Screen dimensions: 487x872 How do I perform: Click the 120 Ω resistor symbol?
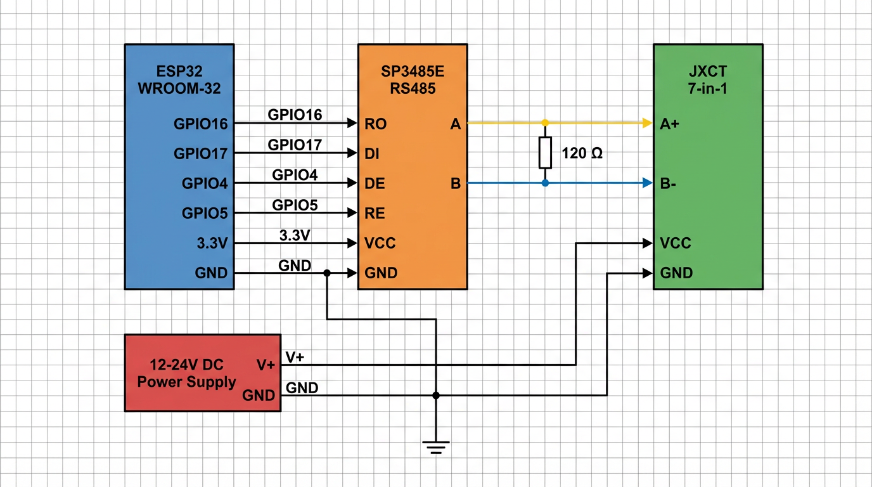[x=545, y=152]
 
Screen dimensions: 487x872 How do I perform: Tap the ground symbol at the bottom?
[x=435, y=447]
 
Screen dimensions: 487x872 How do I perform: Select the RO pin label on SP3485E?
[x=376, y=124]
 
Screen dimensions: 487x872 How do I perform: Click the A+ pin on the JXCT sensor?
[x=669, y=124]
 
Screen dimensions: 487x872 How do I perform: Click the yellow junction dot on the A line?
[x=545, y=122]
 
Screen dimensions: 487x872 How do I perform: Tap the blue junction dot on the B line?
[x=545, y=183]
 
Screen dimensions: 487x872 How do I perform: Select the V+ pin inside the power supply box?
[x=266, y=365]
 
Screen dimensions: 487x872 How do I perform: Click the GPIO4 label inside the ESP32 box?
[x=204, y=183]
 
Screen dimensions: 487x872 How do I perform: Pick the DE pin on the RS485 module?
[x=375, y=183]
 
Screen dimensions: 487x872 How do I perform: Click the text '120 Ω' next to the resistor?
[x=582, y=153]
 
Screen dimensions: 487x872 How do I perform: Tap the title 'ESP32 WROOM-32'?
[x=179, y=80]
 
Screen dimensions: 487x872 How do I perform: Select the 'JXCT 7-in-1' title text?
[x=707, y=80]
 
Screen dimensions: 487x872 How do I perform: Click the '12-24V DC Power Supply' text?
[x=186, y=373]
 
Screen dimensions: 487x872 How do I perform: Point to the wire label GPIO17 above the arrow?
[x=295, y=145]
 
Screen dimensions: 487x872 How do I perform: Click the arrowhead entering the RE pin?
[x=352, y=213]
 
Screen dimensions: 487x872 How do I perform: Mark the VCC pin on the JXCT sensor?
[x=675, y=243]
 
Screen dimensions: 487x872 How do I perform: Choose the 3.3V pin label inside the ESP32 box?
[x=212, y=243]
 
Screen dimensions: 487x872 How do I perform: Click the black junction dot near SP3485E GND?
[x=327, y=273]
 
